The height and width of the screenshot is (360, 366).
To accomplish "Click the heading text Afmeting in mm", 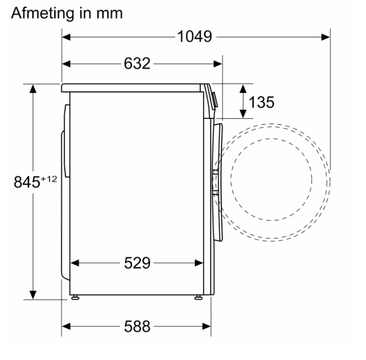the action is pos(67,14).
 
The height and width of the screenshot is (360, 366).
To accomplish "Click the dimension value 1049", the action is pos(195,37).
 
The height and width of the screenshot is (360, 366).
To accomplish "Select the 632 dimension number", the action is pos(137,64).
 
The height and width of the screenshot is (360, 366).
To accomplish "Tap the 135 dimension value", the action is pos(261,102).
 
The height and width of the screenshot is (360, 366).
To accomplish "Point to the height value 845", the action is pos(27,182).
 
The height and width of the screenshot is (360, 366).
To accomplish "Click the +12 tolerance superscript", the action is pos(49,179).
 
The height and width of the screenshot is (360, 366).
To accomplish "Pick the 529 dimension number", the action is pos(137,263).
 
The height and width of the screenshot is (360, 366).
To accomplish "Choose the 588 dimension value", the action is pos(137,326).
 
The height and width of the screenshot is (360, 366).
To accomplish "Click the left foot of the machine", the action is pos(75,297).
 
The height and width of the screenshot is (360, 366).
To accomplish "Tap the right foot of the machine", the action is pos(199,297).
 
